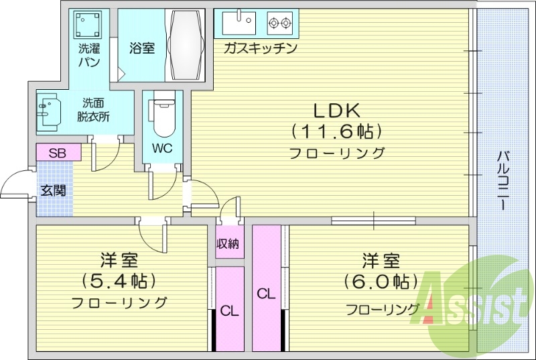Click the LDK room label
click(x=336, y=109)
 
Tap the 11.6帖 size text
click(x=336, y=130)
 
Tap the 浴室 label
click(x=142, y=48)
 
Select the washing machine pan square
click(x=89, y=25)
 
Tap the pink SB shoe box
click(x=58, y=152)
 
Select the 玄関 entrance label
click(x=52, y=190)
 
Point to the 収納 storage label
click(x=228, y=243)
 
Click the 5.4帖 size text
click(x=118, y=280)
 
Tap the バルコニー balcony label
click(x=502, y=181)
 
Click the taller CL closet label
click(x=266, y=294)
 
